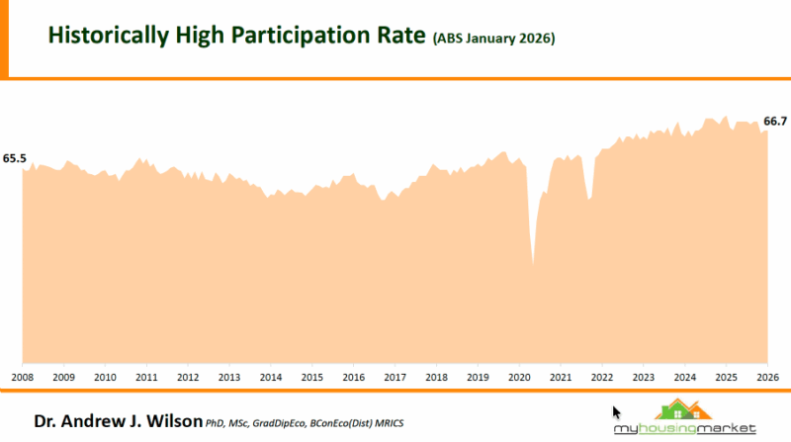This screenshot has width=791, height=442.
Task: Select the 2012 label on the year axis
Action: (x=187, y=377)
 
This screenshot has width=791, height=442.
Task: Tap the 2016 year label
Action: (x=352, y=377)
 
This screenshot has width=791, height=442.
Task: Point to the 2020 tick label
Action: (x=518, y=377)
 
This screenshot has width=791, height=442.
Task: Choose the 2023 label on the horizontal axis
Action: (x=643, y=377)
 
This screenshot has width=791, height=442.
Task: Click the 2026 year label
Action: (x=767, y=377)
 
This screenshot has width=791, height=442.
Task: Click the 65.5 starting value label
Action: (x=15, y=158)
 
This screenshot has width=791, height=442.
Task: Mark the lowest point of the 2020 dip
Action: (x=533, y=264)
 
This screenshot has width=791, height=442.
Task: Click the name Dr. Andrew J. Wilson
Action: (x=118, y=421)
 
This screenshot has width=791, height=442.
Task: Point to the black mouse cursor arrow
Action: (x=617, y=412)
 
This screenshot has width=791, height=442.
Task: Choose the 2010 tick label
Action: (x=105, y=377)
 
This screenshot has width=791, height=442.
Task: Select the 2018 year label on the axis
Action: (x=435, y=377)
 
